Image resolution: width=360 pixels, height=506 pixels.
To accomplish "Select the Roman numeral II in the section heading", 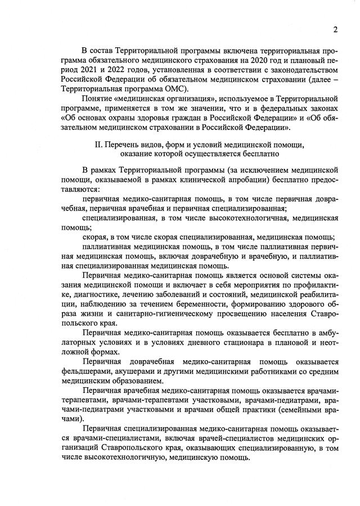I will coord(100,145).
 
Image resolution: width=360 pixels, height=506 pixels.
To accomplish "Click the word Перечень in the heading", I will coord(127,145).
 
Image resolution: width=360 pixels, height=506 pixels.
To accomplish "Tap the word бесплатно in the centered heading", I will coord(257,154).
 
